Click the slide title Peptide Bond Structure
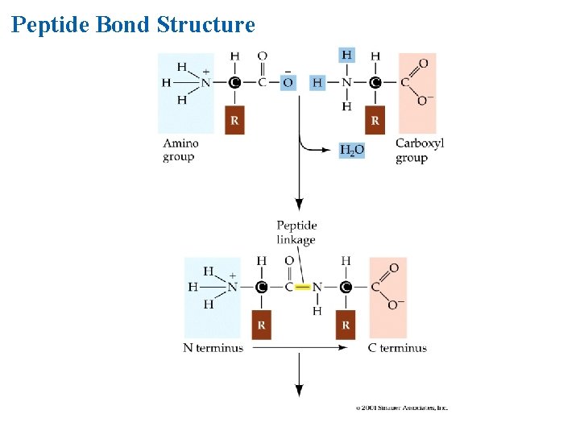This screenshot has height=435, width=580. point(133,25)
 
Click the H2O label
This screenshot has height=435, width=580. point(351,150)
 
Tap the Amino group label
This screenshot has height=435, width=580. point(180,150)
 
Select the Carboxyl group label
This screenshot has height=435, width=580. point(419,150)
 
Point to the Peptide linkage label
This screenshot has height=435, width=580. point(296,232)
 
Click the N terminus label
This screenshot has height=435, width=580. point(213,348)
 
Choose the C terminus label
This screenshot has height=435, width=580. point(397,348)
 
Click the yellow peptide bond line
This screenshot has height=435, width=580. point(302,287)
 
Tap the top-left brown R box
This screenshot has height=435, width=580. point(234,120)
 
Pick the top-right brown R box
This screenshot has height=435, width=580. point(375,120)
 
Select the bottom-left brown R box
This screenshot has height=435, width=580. point(261,325)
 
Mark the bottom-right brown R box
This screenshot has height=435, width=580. point(346,325)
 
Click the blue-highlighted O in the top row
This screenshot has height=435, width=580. point(288,82)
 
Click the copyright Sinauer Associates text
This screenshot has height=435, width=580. point(401,408)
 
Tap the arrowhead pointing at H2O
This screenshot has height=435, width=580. point(331,149)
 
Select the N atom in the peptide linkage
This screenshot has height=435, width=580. point(317,287)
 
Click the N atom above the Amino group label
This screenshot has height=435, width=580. point(205,82)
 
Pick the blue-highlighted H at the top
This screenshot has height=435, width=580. point(346,55)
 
